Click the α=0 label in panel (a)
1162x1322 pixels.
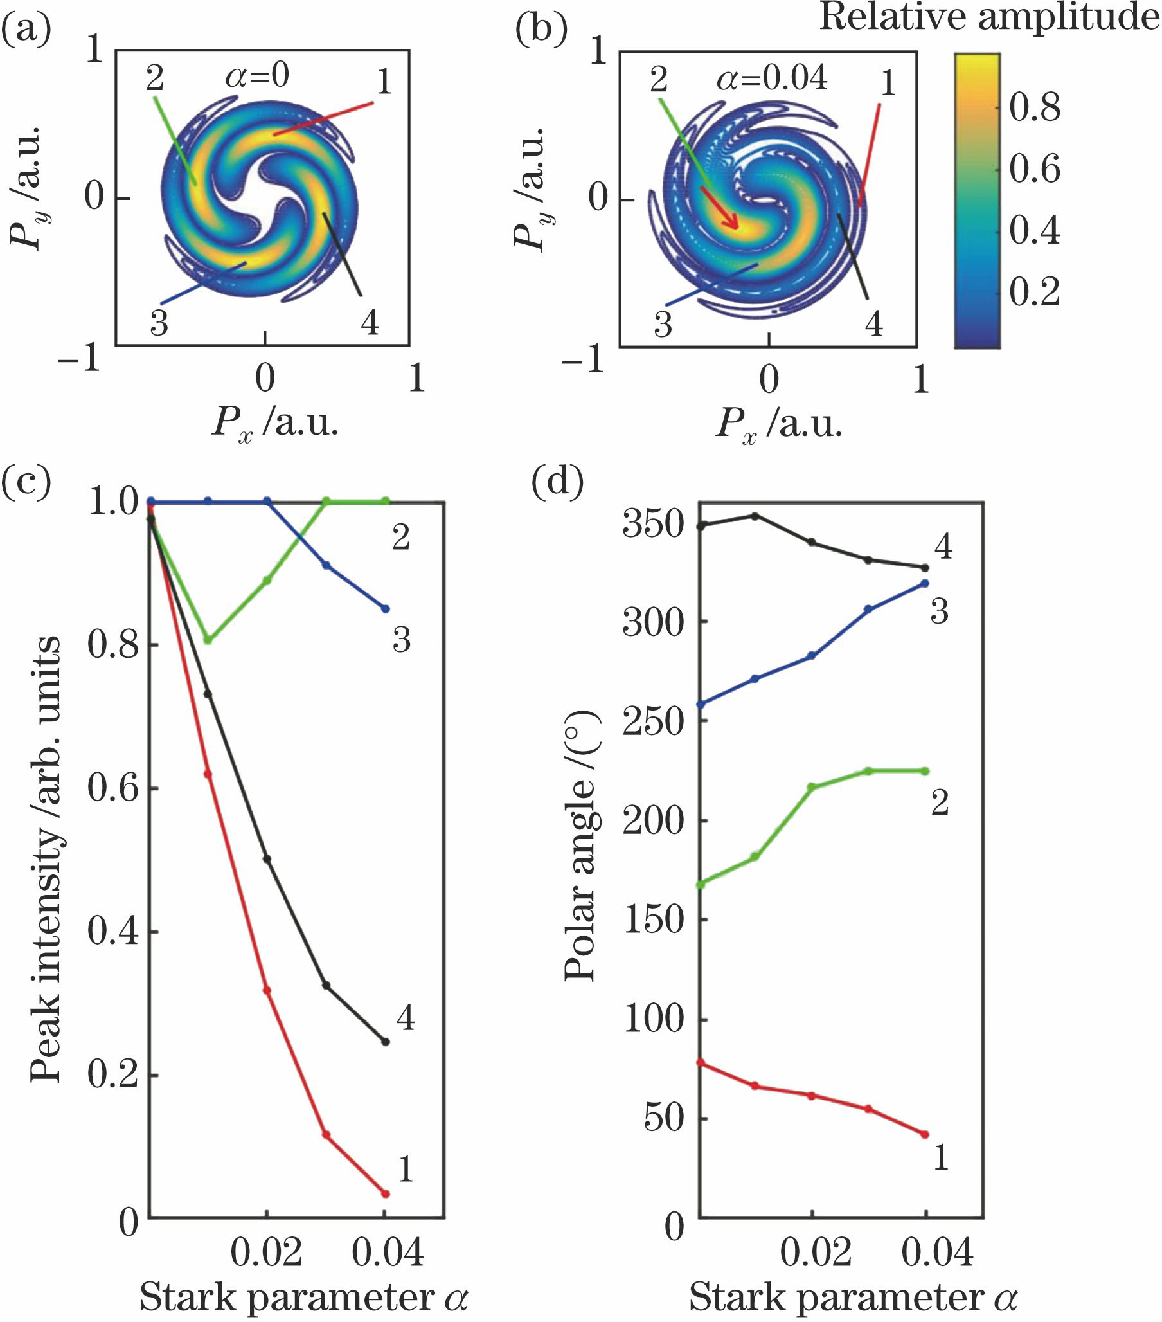pos(256,77)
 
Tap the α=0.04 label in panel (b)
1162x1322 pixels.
pos(771,78)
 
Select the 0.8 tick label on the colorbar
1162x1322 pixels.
pos(1035,108)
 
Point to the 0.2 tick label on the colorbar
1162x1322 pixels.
pos(1035,293)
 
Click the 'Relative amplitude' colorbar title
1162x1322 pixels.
pos(989,17)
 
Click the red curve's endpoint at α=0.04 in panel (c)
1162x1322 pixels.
pos(386,1194)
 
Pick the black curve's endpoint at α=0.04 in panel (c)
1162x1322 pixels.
pos(386,1042)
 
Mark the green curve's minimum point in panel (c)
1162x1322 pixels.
pos(208,640)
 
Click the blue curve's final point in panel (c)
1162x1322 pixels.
pos(386,609)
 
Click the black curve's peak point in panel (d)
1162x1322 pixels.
pos(754,516)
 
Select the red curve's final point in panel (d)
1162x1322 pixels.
pos(925,1134)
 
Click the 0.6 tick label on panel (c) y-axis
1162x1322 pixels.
pos(113,788)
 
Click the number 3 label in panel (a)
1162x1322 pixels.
pos(159,323)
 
